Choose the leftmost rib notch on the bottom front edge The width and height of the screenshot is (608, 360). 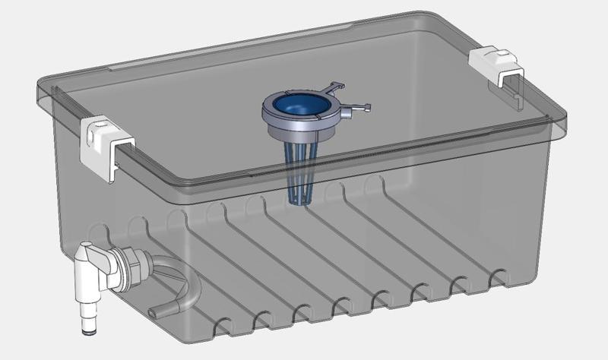(220, 329)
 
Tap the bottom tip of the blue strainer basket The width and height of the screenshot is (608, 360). (301, 201)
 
